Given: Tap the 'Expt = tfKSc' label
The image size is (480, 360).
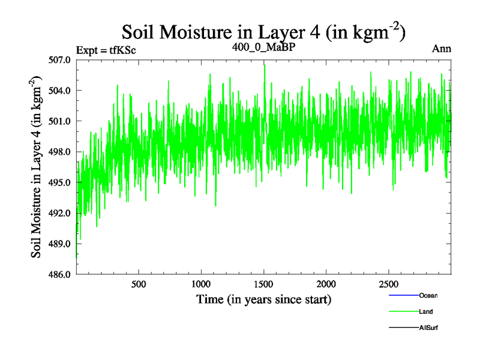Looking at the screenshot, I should click(x=106, y=50).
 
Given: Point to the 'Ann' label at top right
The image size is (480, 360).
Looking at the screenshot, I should click(x=442, y=49).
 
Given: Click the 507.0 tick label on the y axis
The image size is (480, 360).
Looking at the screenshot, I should click(x=60, y=60).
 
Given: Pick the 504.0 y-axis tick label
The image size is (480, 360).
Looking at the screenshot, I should click(x=60, y=91).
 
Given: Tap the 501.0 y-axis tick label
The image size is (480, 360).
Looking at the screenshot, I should click(x=60, y=121).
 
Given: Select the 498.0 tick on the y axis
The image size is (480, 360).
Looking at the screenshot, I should click(x=60, y=152).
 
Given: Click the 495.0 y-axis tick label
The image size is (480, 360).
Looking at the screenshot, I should click(x=60, y=182).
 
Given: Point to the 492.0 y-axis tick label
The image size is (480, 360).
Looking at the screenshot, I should click(x=60, y=213).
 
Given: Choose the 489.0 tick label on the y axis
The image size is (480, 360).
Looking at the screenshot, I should click(x=60, y=244).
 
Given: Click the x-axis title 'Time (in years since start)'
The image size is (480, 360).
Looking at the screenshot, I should click(x=263, y=299).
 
